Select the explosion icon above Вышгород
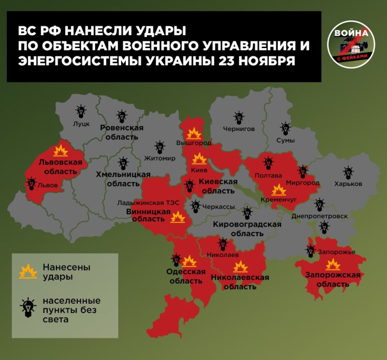click(194, 133)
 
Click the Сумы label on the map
click(285, 140)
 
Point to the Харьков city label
click(348, 184)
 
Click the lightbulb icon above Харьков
click(348, 172)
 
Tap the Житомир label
click(160, 158)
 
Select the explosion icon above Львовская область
click(60, 150)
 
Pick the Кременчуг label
click(279, 199)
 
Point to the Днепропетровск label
click(320, 216)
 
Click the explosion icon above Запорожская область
click(333, 265)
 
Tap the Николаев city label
click(222, 255)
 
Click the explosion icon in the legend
click(28, 271)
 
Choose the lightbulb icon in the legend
click(28, 308)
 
